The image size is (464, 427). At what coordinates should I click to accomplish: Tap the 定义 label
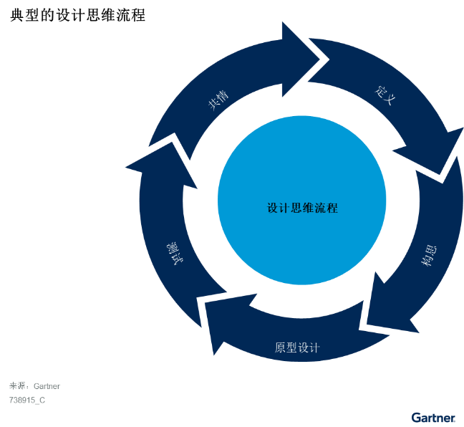tap(385, 96)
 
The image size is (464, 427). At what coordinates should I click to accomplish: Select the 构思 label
tap(429, 257)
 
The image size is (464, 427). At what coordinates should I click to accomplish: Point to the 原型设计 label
tap(297, 348)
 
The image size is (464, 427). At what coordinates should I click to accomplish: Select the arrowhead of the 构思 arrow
tap(390, 308)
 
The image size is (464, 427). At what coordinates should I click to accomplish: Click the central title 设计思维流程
tap(302, 208)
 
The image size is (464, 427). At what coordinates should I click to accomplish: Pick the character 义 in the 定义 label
tap(390, 100)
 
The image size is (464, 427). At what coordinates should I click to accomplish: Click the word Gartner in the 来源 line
tap(47, 386)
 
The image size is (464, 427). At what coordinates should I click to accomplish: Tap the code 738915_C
tap(27, 400)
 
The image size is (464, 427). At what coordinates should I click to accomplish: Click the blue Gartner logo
tap(433, 417)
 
